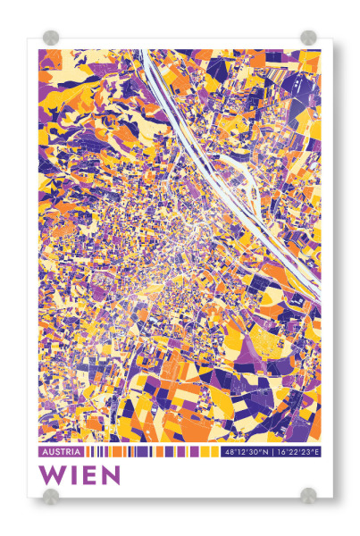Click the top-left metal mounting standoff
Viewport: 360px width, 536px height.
click(x=52, y=38)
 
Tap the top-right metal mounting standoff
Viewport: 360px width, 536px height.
click(x=308, y=38)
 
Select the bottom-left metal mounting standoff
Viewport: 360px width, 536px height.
click(x=52, y=496)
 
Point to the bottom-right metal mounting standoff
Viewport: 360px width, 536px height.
click(x=308, y=496)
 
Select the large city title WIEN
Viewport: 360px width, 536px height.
click(x=80, y=475)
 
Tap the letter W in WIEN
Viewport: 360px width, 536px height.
click(x=53, y=475)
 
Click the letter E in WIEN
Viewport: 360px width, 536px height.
click(x=90, y=475)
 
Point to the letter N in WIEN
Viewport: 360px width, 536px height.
click(x=110, y=475)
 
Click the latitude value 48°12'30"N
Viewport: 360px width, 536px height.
click(x=249, y=453)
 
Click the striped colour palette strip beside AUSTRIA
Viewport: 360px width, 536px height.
click(x=152, y=453)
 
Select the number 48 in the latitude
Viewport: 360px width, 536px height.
click(x=230, y=453)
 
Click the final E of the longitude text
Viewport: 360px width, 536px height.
click(x=317, y=453)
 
